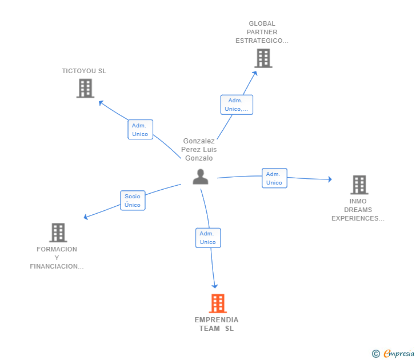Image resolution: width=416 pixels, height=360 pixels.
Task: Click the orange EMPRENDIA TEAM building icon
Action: tap(218, 303)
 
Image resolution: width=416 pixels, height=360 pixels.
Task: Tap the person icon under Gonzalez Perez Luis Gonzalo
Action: tap(201, 177)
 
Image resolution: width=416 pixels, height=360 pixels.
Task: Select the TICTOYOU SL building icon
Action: tap(86, 89)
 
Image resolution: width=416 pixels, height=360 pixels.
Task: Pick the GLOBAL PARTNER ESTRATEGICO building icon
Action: tap(263, 58)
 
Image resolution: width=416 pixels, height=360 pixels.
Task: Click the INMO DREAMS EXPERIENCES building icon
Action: tap(359, 185)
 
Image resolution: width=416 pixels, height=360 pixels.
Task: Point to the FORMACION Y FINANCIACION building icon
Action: tap(58, 233)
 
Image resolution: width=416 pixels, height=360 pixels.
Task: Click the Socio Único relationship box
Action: tap(133, 201)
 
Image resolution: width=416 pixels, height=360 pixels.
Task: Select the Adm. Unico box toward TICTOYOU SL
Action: tap(141, 130)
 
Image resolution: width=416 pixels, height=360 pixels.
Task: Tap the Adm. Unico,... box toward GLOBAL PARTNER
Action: tap(237, 105)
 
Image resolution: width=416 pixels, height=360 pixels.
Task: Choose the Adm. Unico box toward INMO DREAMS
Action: tap(274, 178)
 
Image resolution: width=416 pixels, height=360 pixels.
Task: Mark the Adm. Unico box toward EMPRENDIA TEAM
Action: tap(208, 238)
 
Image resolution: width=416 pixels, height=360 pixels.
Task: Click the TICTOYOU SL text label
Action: tap(84, 71)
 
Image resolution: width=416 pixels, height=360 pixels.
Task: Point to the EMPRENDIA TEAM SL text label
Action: tap(217, 324)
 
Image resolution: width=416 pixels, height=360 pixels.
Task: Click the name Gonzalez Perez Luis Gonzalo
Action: tap(199, 150)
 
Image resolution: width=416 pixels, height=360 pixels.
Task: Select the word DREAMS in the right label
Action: tap(358, 210)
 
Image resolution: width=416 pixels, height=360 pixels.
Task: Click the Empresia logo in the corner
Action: tap(393, 353)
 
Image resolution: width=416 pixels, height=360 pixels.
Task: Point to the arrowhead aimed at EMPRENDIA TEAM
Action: tap(215, 286)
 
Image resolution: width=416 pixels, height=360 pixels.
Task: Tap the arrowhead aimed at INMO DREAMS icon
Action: tap(330, 179)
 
